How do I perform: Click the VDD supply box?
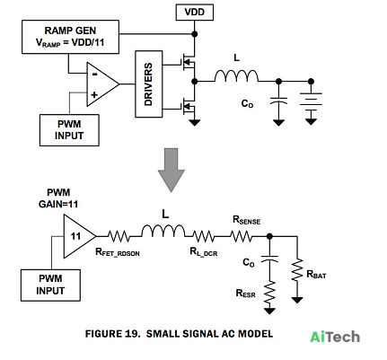[x=195, y=13]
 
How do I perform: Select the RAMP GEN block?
[x=70, y=37]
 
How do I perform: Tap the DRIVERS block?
[x=149, y=84]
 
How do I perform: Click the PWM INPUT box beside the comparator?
[x=69, y=130]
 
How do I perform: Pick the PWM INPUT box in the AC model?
[x=50, y=285]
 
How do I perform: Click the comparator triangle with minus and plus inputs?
[x=102, y=84]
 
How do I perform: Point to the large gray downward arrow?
[x=172, y=170]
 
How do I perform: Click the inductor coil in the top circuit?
[x=236, y=76]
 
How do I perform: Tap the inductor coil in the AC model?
[x=163, y=231]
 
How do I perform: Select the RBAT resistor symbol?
[x=297, y=270]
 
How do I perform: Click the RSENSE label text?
[x=246, y=220]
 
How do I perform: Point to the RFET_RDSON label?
[x=118, y=252]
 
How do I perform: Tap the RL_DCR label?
[x=204, y=252]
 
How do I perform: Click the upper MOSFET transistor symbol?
[x=188, y=63]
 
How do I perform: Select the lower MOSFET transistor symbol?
[x=188, y=105]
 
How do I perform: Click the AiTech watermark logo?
[x=335, y=337]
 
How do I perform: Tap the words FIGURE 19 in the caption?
[x=112, y=334]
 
